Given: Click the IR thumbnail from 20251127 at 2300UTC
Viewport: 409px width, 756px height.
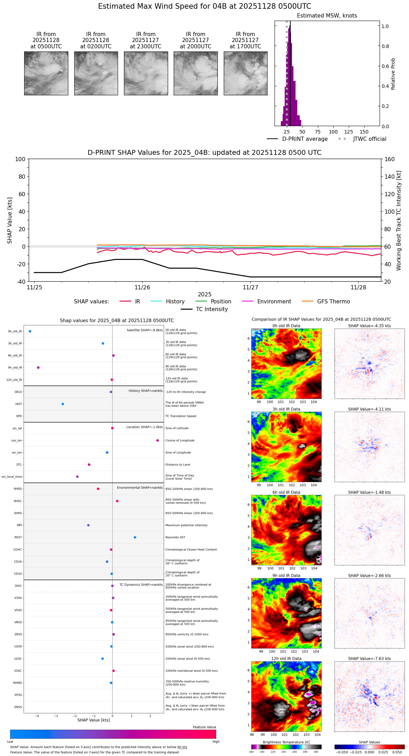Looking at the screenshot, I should pos(146,73).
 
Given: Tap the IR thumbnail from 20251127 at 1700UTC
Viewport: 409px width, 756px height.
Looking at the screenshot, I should pos(245,73).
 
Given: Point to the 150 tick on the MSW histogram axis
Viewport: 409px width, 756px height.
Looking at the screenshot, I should pos(364,132).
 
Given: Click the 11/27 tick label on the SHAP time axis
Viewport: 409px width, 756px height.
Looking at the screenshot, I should pos(250,288).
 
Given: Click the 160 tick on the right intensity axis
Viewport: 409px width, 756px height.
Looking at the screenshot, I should pos(390,159).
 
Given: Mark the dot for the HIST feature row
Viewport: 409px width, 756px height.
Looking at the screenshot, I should pos(63,404).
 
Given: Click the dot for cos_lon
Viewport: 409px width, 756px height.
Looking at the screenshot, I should pos(158,440).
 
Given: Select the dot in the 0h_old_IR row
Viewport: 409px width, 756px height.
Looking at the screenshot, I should pos(30,331).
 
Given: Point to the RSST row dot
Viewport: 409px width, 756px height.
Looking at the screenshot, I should pos(135,537).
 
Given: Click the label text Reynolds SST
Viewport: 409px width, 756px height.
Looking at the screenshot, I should pos(175,537).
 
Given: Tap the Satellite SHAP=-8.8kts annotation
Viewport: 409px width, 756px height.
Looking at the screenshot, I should pos(145,330).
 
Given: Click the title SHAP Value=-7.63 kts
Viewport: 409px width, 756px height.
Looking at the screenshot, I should pos(369,659).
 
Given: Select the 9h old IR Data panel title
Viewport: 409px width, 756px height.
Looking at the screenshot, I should pos(286,576).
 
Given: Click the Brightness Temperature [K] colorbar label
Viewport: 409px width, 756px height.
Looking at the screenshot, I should pos(286,742).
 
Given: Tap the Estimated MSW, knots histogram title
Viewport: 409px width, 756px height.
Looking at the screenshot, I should pos(327,16).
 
